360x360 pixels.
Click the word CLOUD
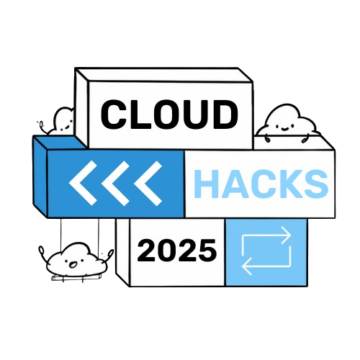(x=169, y=114)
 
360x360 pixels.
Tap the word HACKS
(x=261, y=184)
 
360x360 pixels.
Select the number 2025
(x=177, y=251)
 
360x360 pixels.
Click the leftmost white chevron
(x=83, y=183)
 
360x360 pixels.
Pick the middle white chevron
(x=115, y=183)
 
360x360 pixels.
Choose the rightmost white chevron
(x=148, y=183)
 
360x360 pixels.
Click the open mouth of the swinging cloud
(x=73, y=265)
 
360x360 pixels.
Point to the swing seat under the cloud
(x=76, y=278)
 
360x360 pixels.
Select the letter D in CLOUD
(x=225, y=114)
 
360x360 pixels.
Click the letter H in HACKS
(x=206, y=184)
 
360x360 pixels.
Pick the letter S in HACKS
(x=316, y=184)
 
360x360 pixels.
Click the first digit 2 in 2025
(x=147, y=250)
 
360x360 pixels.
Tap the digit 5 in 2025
(x=207, y=251)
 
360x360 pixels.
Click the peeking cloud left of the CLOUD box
(x=60, y=121)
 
